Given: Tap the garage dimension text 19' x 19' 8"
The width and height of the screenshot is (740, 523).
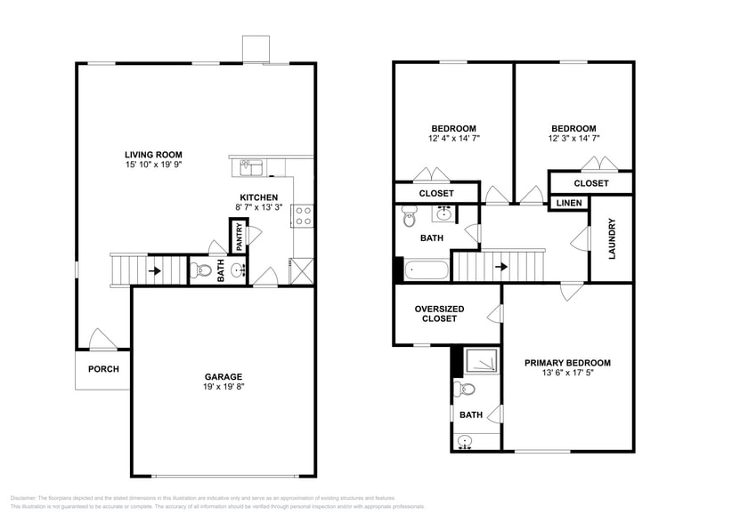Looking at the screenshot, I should pos(223,388).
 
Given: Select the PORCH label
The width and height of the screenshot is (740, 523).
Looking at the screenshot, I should pos(102,369).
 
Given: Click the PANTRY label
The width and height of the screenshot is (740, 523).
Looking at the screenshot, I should pos(239,237).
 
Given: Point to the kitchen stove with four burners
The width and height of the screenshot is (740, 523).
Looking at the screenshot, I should pos(303,214).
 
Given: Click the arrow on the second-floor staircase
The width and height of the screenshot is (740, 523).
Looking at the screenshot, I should pos(501,266).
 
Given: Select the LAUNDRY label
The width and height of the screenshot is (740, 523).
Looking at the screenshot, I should pos(612,239).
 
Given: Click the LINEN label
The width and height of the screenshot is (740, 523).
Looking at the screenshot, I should pos(569,204).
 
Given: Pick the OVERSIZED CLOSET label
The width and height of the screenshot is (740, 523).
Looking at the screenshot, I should pos(435,313).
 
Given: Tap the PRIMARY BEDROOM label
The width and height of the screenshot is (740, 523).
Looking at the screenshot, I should pos(567,362).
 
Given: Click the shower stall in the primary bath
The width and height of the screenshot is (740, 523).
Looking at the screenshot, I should pos(482,359).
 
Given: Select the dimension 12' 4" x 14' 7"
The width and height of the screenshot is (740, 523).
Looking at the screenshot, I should pos(453,139).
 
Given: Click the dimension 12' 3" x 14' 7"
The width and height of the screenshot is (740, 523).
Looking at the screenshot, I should pos(573,139).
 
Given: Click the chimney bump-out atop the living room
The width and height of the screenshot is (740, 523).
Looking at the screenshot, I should pos(256,49).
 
